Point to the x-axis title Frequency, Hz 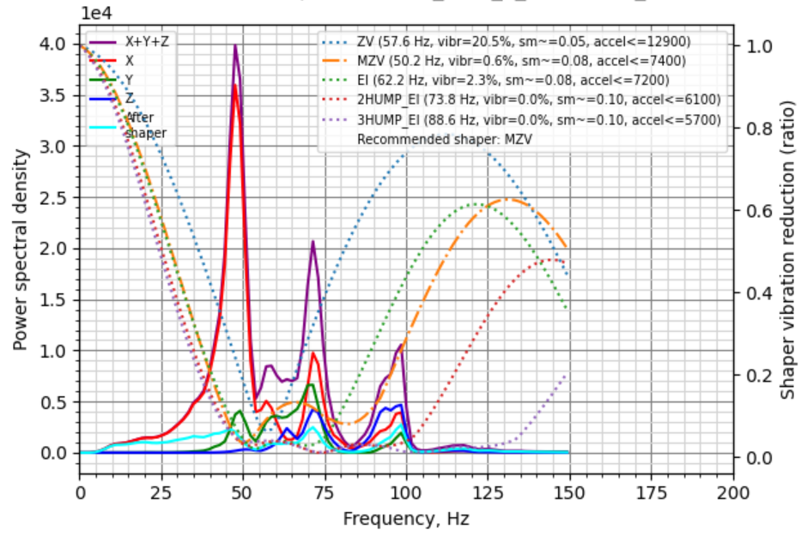[406, 519]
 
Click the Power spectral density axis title [20, 249]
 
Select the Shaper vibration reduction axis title [788, 249]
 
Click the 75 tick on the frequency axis [325, 493]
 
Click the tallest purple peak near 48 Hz [235, 46]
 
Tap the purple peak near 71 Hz [313, 242]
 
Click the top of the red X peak [235, 84]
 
